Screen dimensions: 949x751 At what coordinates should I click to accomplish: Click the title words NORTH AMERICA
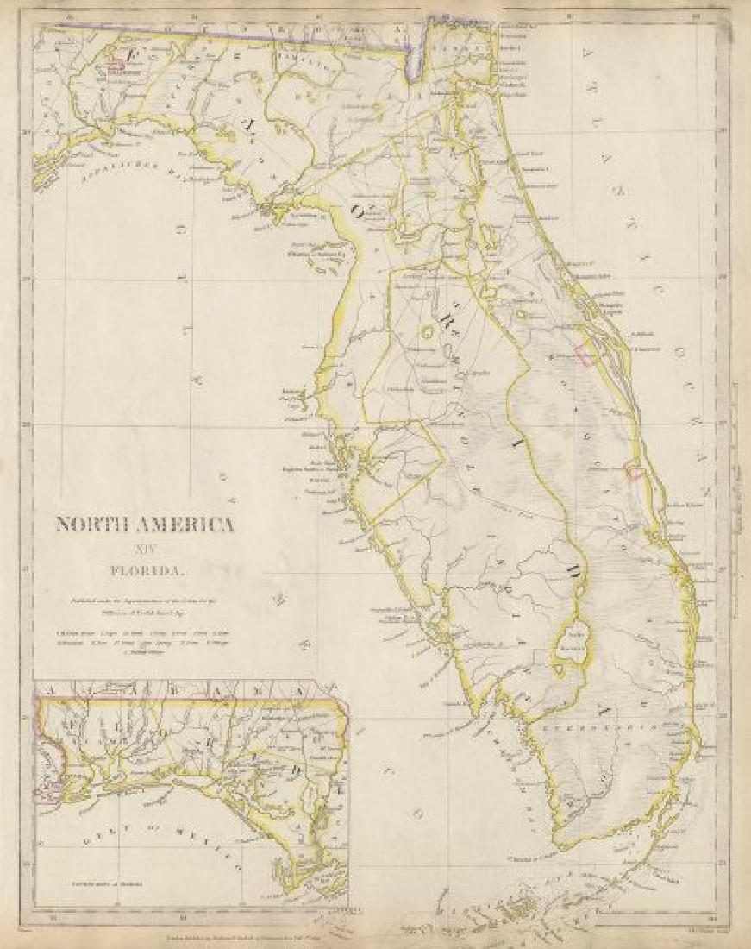[144, 524]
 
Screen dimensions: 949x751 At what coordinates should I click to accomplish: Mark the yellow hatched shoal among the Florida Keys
[516, 907]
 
